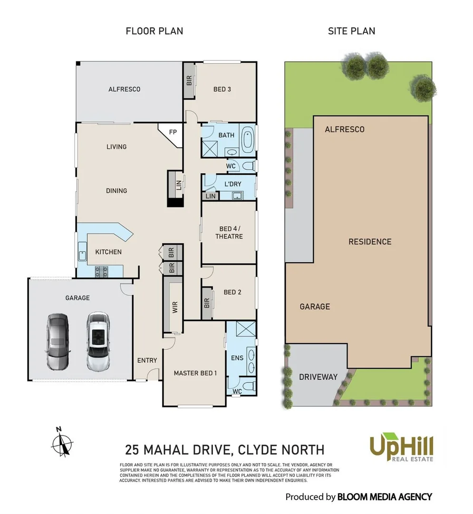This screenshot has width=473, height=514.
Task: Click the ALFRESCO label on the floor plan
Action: tap(124, 89)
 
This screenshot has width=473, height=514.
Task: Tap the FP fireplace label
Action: tap(173, 132)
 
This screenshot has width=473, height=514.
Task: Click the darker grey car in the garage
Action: tap(58, 342)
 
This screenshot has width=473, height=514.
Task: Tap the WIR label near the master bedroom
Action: tap(175, 307)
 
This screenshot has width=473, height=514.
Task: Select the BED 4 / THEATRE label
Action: tap(229, 232)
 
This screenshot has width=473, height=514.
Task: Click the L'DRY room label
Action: tap(233, 184)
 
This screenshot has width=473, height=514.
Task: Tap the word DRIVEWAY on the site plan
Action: tap(318, 377)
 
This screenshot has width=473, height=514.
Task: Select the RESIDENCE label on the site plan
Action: tap(370, 242)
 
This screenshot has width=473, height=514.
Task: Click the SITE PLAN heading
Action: tap(351, 31)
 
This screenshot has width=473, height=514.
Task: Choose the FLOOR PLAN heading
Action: tap(154, 31)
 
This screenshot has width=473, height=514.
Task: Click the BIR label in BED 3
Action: tap(189, 80)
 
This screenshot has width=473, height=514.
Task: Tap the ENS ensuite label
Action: tap(236, 357)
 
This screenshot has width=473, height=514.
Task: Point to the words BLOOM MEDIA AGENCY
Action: tap(384, 497)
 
